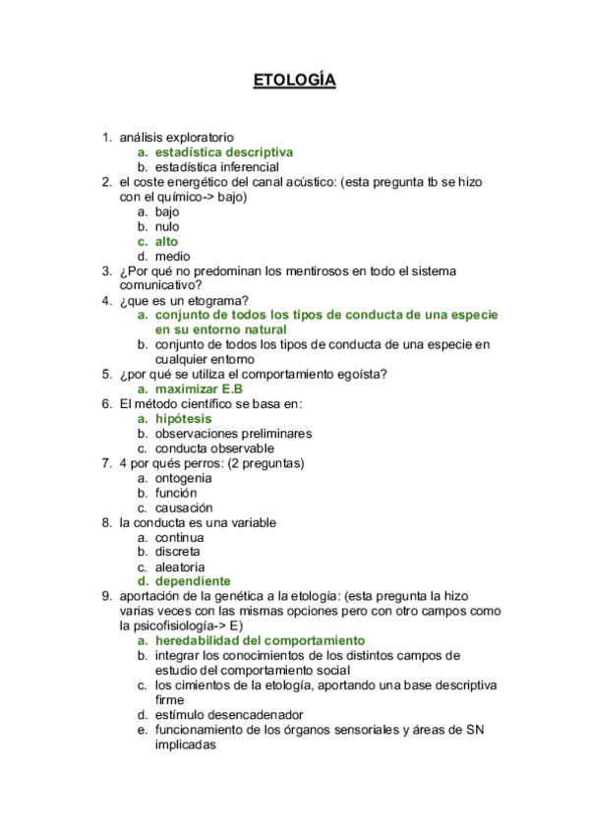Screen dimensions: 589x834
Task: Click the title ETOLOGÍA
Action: (x=294, y=81)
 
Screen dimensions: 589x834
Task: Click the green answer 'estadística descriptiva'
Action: (x=223, y=152)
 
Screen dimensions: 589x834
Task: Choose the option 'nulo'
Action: (x=167, y=226)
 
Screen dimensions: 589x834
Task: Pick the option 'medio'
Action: (x=172, y=256)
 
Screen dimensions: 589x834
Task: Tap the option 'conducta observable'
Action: (x=214, y=447)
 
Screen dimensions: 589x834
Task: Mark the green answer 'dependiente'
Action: (x=193, y=581)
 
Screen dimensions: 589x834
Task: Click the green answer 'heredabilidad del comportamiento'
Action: (x=260, y=640)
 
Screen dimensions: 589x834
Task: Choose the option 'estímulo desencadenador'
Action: (x=228, y=714)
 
